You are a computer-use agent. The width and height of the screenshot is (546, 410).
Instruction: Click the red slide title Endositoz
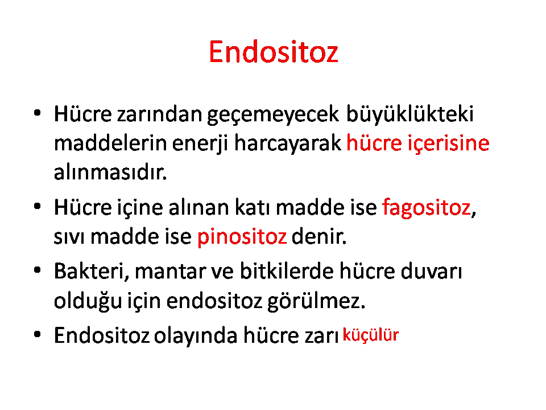[274, 52]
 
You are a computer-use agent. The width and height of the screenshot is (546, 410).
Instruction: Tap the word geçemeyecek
[273, 116]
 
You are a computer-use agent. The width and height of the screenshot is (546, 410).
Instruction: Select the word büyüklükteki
[410, 114]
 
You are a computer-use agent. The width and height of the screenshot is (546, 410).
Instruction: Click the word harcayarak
[288, 143]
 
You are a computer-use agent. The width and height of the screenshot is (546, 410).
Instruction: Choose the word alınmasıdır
[110, 172]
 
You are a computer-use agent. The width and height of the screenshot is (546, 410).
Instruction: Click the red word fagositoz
[427, 208]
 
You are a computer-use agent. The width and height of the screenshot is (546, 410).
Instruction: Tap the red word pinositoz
[242, 237]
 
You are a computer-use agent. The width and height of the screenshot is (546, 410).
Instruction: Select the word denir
[318, 236]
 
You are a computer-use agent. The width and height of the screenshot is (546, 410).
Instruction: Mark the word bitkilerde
[287, 271]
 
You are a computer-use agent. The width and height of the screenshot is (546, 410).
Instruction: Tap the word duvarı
[431, 271]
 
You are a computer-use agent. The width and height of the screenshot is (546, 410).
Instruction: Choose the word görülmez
[316, 301]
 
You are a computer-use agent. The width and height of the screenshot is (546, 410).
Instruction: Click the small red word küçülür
[370, 335]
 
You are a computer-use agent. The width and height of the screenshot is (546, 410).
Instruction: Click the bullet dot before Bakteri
[38, 270]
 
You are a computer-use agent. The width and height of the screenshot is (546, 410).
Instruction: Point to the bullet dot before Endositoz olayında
[38, 335]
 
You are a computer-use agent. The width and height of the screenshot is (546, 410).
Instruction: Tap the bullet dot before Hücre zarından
[38, 113]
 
